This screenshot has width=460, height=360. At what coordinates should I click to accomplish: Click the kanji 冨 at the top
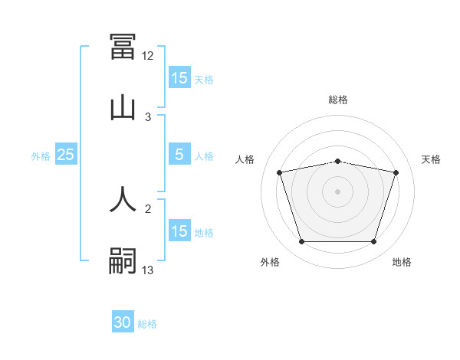coord(123,47)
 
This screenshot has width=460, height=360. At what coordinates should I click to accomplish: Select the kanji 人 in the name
coord(123,198)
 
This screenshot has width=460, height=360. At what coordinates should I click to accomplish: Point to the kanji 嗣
coord(123,259)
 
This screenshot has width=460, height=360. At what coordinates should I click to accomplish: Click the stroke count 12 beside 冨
coord(148,56)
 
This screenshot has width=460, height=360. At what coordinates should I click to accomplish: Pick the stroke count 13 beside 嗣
coord(148,269)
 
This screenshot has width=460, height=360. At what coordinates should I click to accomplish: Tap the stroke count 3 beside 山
coord(148,116)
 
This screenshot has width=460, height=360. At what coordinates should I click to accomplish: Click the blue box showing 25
coord(66,155)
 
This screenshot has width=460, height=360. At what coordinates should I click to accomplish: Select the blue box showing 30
coord(123,323)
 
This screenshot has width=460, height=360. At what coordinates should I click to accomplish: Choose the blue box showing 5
coord(179,155)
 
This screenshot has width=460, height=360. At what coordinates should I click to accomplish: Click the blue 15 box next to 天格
coord(179,78)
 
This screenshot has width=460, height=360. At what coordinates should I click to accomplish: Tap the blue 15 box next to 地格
coord(179,231)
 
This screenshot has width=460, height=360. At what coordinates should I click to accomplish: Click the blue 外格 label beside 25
coord(41,155)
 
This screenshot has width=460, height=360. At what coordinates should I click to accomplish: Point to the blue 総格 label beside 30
coord(147,324)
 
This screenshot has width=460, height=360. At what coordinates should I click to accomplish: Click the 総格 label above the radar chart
coord(338,100)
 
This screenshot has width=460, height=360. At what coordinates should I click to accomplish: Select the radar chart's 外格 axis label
coord(270,263)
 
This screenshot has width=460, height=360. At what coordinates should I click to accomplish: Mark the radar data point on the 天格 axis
coord(396,172)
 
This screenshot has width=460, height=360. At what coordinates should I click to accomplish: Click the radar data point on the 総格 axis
coord(337,161)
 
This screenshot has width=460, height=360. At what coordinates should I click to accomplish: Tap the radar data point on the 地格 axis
coord(373,242)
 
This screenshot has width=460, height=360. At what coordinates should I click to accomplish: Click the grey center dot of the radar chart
coord(337,191)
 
